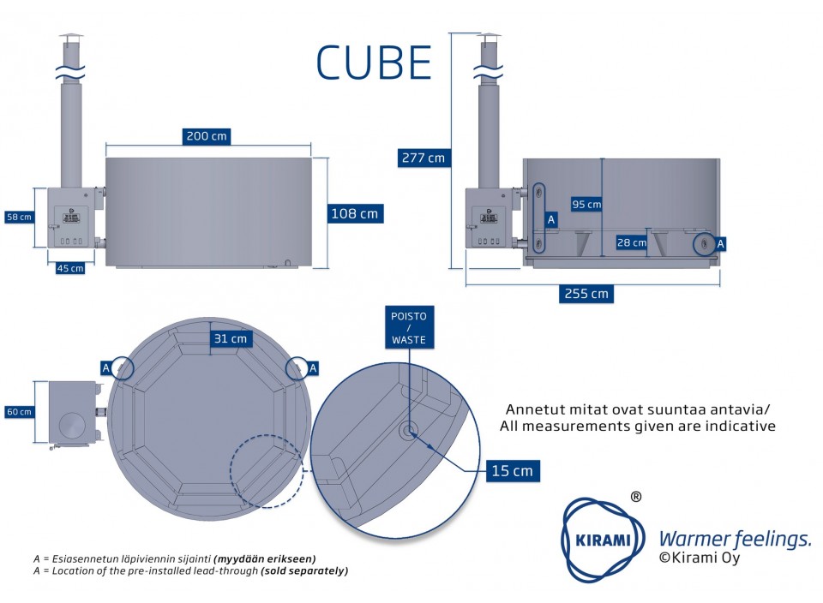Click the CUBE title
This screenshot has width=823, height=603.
pyautogui.click(x=374, y=62)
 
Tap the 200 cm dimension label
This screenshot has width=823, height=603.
pyautogui.click(x=207, y=136)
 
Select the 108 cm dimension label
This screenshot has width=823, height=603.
pyautogui.click(x=354, y=213)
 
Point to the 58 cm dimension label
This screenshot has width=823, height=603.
pyautogui.click(x=18, y=217)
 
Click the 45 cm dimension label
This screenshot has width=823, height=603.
pyautogui.click(x=70, y=268)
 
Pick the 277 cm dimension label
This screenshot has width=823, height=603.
pyautogui.click(x=423, y=158)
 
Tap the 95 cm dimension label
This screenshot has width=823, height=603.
pyautogui.click(x=586, y=204)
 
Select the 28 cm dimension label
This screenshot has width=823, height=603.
pyautogui.click(x=633, y=242)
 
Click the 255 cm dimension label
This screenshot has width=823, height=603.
pyautogui.click(x=587, y=293)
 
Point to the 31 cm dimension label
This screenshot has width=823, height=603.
pyautogui.click(x=231, y=339)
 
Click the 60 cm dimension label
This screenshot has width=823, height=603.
pyautogui.click(x=18, y=412)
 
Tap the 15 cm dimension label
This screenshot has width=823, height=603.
pyautogui.click(x=512, y=470)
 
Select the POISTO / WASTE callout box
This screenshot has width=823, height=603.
pyautogui.click(x=408, y=328)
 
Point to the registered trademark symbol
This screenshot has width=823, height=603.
pyautogui.click(x=635, y=496)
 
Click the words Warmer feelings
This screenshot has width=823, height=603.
pyautogui.click(x=734, y=539)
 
